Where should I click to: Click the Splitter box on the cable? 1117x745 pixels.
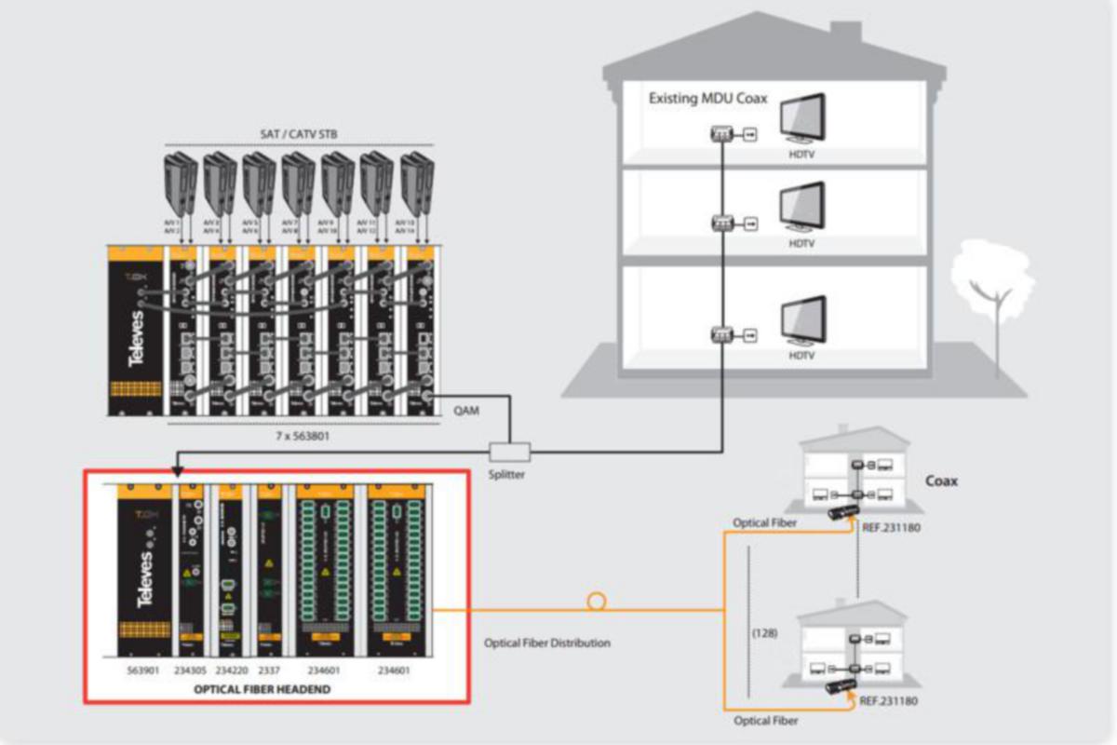pos(510,453)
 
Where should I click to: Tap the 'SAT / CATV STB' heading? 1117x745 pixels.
pos(299,135)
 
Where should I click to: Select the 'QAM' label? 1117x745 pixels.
pos(467,409)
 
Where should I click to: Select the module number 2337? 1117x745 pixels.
pos(269,669)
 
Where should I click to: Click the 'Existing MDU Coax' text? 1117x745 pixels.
pos(707,98)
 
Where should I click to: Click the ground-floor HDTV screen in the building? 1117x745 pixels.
pos(801,319)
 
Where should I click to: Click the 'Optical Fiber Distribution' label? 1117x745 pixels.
pos(547,643)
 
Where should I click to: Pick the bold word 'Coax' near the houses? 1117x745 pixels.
pos(941,481)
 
